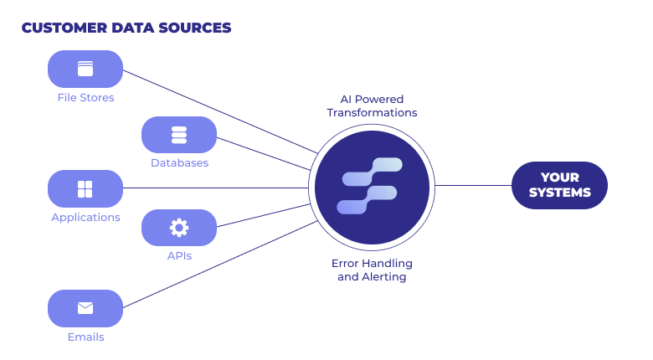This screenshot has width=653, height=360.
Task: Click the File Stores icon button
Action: (85, 69)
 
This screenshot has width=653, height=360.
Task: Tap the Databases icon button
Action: (179, 135)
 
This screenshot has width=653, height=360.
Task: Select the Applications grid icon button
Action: (85, 188)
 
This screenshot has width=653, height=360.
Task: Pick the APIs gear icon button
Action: (179, 227)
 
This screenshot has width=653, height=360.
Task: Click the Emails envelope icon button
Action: (85, 308)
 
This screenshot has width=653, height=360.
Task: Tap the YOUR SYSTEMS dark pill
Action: (559, 185)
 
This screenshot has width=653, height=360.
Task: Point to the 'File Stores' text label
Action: (85, 98)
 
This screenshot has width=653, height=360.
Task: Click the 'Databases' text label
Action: (179, 163)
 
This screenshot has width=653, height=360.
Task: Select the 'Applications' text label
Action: (85, 218)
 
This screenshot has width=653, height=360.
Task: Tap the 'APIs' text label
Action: (179, 255)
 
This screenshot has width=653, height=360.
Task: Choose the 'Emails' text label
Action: (85, 337)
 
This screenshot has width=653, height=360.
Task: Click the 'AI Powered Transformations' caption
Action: (372, 105)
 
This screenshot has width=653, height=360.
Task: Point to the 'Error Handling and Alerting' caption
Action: (372, 270)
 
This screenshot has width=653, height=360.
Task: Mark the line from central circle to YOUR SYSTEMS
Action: (473, 185)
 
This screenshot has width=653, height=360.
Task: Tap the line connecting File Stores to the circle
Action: (218, 110)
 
